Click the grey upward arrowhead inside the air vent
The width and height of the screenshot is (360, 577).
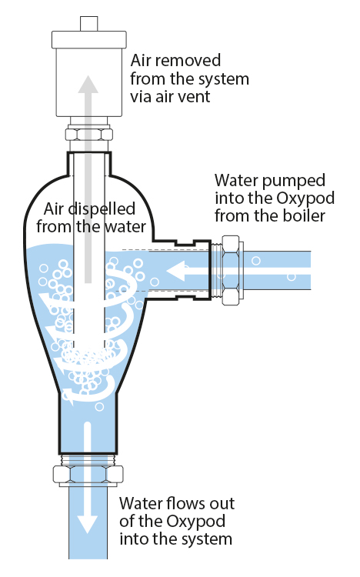[88, 84]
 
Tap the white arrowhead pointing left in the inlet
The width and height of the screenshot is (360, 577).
[175, 271]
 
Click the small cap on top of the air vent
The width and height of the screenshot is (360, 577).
[89, 24]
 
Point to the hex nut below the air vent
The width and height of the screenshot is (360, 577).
[88, 135]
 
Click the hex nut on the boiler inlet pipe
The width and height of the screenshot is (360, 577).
[231, 270]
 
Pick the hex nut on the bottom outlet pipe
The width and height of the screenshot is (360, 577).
[88, 475]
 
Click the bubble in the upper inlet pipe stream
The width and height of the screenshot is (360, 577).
[256, 261]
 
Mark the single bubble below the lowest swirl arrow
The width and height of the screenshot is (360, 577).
[99, 407]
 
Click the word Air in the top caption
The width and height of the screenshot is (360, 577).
[140, 61]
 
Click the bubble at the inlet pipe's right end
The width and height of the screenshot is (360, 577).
[292, 277]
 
